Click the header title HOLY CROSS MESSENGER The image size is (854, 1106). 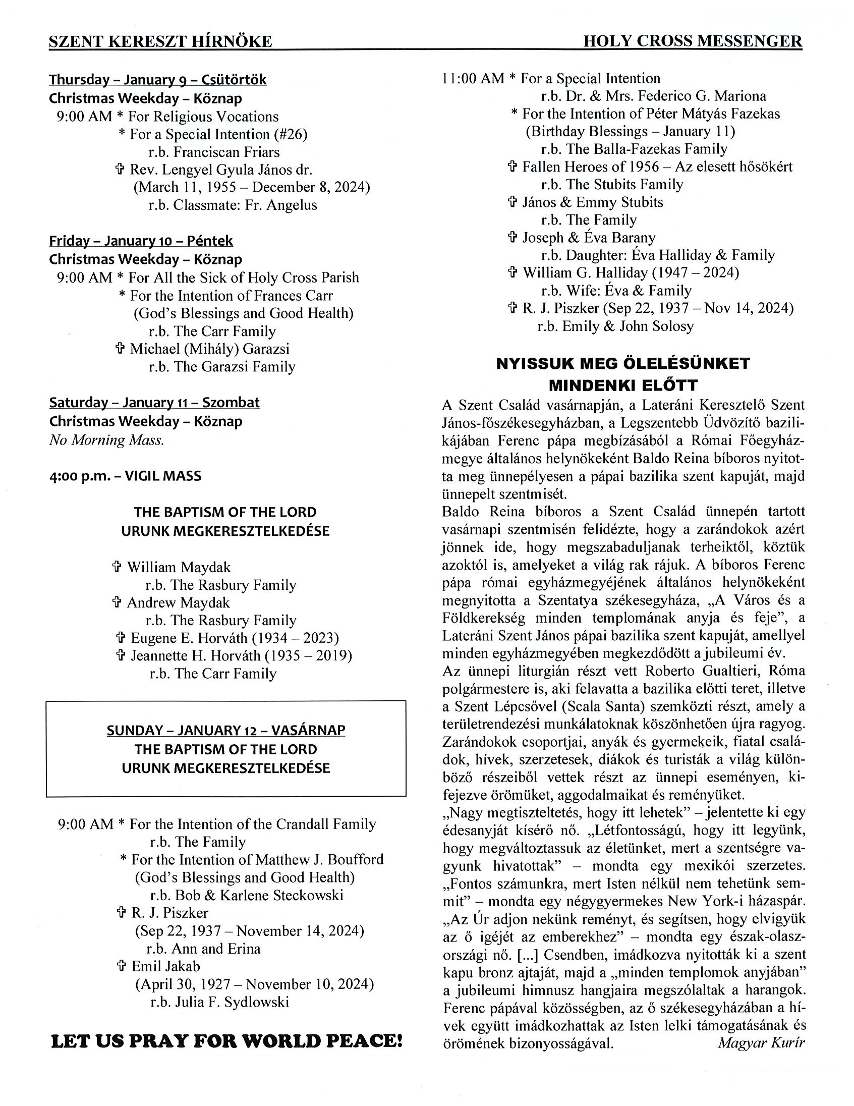pos(693,41)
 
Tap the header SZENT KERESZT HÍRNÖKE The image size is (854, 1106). pos(160,41)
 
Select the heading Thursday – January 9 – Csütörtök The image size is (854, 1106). pos(157,80)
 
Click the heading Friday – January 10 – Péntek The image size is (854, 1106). pos(141,241)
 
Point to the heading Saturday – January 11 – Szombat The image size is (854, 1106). pos(154,403)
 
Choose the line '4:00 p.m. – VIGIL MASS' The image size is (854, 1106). pos(125,476)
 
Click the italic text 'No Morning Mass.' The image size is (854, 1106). pos(106,440)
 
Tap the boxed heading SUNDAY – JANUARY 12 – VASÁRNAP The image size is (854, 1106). pos(226,730)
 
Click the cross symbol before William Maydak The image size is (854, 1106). pos(117,567)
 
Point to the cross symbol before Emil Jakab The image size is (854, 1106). pos(122,966)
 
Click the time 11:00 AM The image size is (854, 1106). pos(473,79)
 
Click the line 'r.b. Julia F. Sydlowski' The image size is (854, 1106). pos(219,1002)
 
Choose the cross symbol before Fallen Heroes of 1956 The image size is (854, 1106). pos(513,167)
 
